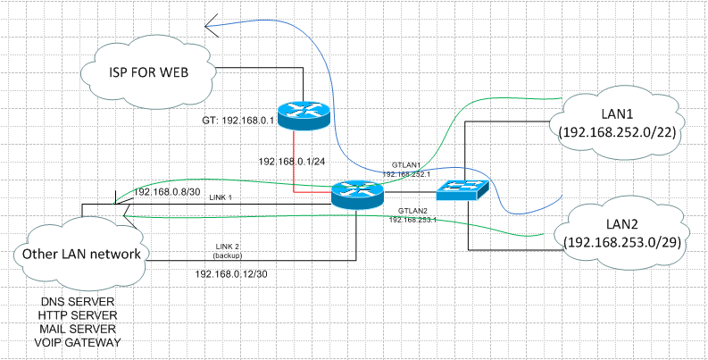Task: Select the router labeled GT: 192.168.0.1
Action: click(303, 113)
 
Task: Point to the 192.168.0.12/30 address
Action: click(230, 274)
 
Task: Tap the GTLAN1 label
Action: click(407, 166)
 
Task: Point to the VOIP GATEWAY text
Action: click(79, 343)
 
